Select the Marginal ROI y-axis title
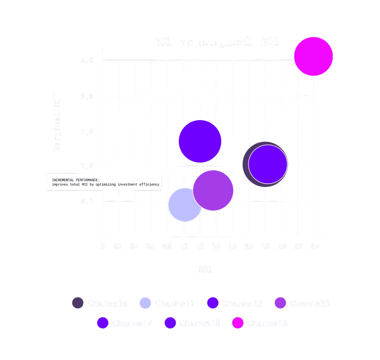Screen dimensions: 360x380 57,121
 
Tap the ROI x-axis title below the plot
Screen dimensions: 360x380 205,269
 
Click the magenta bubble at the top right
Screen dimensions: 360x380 314,56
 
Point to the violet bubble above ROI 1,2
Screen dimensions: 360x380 200,141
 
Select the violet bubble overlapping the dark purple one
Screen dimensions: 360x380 268,164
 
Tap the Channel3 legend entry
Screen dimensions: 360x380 309,303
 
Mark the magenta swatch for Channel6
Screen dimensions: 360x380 237,323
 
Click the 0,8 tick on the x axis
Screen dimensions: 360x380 167,246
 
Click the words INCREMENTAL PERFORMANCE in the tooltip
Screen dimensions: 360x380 76,180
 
